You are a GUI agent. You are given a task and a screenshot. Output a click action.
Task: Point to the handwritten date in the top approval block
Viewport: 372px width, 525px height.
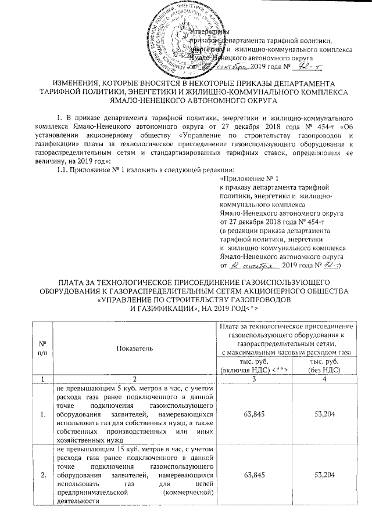(233, 68)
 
